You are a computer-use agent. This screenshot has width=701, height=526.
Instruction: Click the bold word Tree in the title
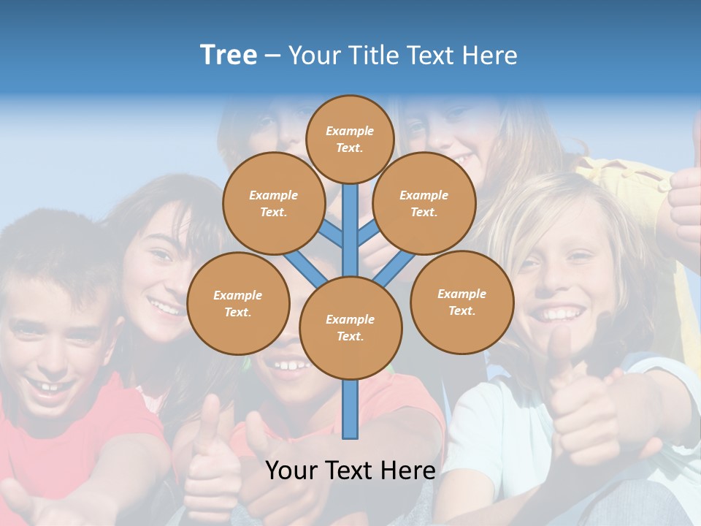click(229, 56)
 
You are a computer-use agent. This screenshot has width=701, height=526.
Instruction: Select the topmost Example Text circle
click(350, 139)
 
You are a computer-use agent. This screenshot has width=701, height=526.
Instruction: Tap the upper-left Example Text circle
click(273, 203)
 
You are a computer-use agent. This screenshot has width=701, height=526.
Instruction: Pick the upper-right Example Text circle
click(424, 203)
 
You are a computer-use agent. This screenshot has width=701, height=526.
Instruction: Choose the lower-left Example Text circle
click(238, 303)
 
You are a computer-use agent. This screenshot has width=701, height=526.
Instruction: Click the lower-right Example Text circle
click(461, 302)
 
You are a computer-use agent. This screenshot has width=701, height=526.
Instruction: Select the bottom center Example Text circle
click(350, 327)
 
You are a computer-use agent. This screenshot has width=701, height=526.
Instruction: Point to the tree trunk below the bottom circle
click(350, 409)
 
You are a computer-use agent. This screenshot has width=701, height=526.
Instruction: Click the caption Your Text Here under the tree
click(350, 470)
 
